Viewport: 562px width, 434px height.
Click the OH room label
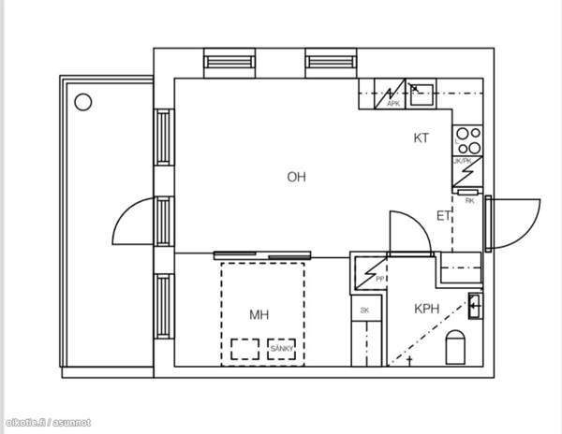(x=297, y=176)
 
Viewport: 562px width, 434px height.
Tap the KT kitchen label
(x=421, y=138)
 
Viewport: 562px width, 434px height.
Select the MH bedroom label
(x=259, y=314)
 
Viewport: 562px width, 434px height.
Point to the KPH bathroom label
(x=427, y=309)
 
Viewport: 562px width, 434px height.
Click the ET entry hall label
(x=444, y=216)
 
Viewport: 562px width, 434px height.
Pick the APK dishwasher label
(x=393, y=104)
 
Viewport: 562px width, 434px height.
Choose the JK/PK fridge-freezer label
(x=462, y=161)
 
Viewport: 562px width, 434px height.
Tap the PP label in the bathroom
(x=380, y=280)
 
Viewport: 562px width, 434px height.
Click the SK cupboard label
(x=365, y=310)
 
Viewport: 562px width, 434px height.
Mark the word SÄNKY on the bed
(x=282, y=349)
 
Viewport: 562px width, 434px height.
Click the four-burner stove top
(x=467, y=141)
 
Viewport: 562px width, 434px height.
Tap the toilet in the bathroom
(x=456, y=348)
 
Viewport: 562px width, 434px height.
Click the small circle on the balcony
(x=82, y=101)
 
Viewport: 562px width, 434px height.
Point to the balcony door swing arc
(x=131, y=224)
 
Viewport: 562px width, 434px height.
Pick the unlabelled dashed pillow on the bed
(x=246, y=349)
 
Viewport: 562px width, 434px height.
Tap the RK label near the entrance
(x=469, y=200)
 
